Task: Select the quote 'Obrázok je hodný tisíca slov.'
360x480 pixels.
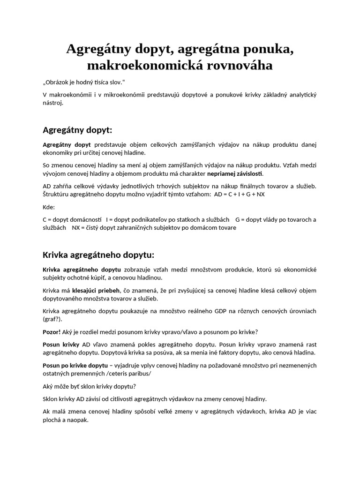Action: point(84,82)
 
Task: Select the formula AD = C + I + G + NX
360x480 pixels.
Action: point(239,195)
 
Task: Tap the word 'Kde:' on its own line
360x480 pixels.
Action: point(49,207)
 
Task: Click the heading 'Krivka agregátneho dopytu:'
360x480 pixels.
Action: point(98,255)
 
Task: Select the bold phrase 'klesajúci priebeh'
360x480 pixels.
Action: point(93,291)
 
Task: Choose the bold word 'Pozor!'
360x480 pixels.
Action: point(52,332)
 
